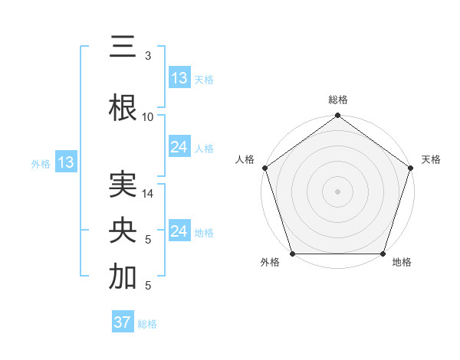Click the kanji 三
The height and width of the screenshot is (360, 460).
point(123,47)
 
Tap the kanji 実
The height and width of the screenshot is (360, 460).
point(123,186)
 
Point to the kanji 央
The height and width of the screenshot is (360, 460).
point(123,231)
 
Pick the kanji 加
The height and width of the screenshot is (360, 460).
point(123,277)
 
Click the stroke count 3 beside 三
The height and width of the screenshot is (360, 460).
point(147,56)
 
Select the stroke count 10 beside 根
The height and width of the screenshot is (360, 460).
point(148,116)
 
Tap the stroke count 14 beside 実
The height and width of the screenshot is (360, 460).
point(148,195)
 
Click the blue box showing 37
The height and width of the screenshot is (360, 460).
point(123,322)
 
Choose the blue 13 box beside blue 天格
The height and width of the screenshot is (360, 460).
point(179,78)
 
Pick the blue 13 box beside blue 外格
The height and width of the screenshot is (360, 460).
point(65,162)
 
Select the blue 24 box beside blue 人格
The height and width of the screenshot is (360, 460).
point(179,147)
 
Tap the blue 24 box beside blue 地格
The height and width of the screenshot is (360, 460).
point(179,231)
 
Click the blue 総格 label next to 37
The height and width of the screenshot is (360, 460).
point(147,324)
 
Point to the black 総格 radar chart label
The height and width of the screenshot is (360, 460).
point(338,100)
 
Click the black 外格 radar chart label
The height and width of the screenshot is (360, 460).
point(270,263)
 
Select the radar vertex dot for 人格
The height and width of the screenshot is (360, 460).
point(265,169)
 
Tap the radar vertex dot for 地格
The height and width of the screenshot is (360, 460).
point(383,254)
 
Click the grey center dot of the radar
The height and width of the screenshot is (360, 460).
point(338,191)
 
